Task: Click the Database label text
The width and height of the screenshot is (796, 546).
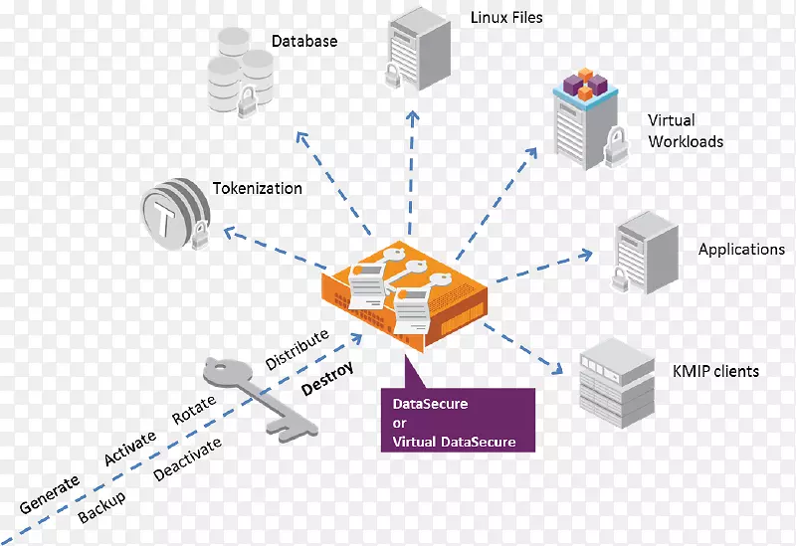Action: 304,42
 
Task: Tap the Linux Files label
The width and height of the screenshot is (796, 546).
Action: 506,17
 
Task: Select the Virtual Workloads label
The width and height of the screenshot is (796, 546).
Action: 686,131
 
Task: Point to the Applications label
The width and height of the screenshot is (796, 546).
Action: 741,250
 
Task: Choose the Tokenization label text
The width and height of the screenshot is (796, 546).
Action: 257,188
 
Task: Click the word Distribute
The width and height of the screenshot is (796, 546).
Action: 296,351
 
